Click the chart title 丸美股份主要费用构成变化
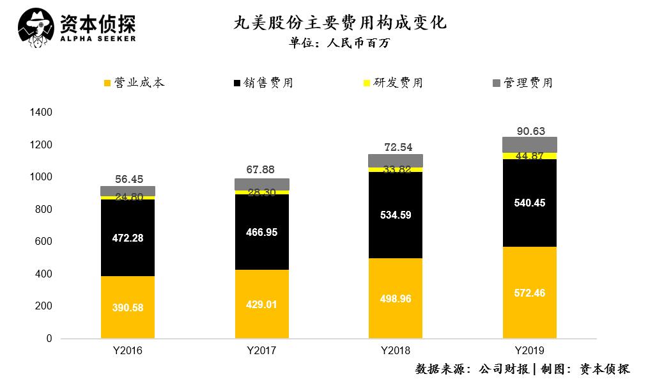pos(339,24)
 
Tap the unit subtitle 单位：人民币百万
pos(339,43)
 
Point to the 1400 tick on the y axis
pos(41,113)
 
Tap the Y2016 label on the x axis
pos(127,351)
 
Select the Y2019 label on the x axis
pos(529,351)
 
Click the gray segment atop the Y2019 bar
pos(529,144)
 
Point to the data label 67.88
pos(261,169)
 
